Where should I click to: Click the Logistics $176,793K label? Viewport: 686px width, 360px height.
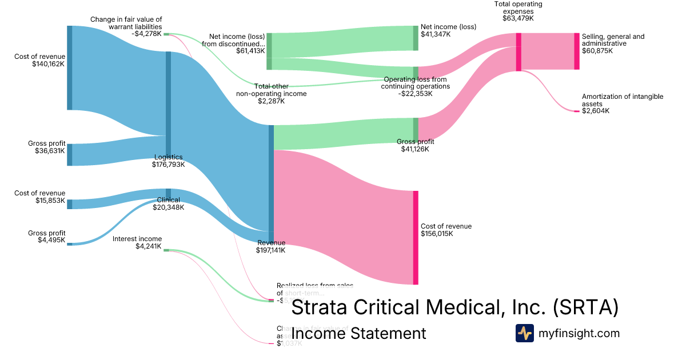point(167,161)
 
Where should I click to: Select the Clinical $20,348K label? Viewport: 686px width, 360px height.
point(168,203)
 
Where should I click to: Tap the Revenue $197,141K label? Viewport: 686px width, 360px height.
point(271,246)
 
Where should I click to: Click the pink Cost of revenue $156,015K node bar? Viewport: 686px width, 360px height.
point(416,237)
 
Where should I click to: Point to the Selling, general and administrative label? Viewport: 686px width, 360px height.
point(613,43)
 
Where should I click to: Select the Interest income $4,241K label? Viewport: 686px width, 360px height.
point(137,243)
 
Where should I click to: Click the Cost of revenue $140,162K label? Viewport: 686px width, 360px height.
point(40,60)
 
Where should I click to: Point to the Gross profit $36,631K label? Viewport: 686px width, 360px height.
point(46,147)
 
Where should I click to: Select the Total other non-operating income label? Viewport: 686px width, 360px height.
point(272,94)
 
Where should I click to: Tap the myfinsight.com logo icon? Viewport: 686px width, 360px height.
point(524,333)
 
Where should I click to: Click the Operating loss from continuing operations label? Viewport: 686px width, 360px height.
point(416,86)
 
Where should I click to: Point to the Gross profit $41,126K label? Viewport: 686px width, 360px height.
point(415,145)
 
